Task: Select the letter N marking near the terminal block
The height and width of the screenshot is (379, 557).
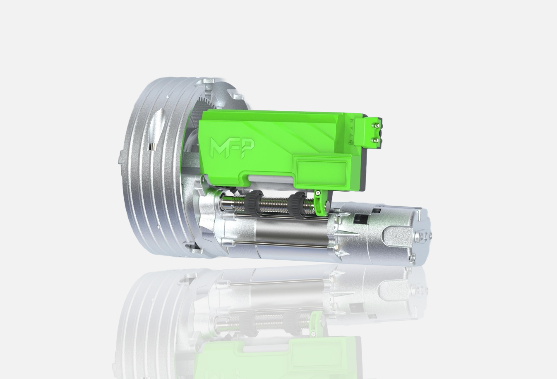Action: point(351,121)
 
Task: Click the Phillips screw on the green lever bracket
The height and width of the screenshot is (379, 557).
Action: point(318,192)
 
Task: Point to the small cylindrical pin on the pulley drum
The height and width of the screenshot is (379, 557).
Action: point(151,148)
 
